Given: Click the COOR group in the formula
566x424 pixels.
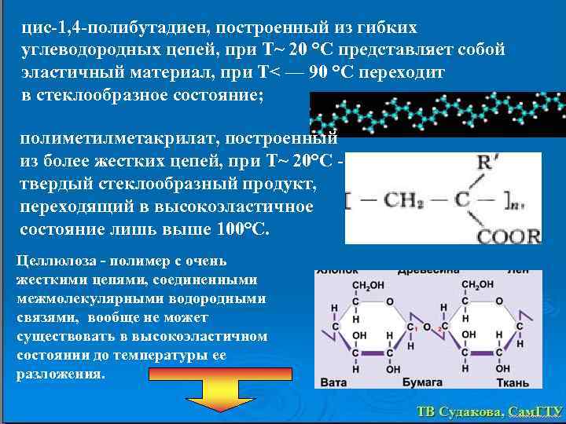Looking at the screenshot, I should [x=509, y=234].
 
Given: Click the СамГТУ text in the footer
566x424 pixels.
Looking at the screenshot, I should [x=535, y=411].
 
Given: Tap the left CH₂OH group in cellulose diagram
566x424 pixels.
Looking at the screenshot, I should [x=368, y=285].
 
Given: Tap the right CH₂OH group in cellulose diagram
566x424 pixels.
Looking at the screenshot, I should [x=478, y=285].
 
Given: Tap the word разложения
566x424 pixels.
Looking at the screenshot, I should [x=60, y=373].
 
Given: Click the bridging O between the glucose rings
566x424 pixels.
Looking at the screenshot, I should [x=425, y=326].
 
